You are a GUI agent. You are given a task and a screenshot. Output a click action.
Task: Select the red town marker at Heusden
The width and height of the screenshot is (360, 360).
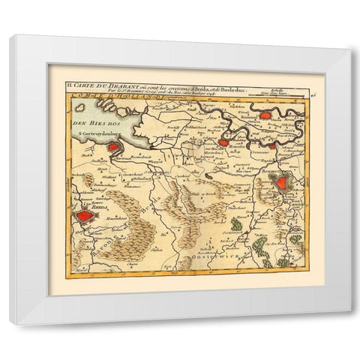[x=223, y=142]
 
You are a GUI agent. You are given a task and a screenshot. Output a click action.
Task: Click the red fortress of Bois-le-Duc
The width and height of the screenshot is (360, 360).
[x=282, y=182]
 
